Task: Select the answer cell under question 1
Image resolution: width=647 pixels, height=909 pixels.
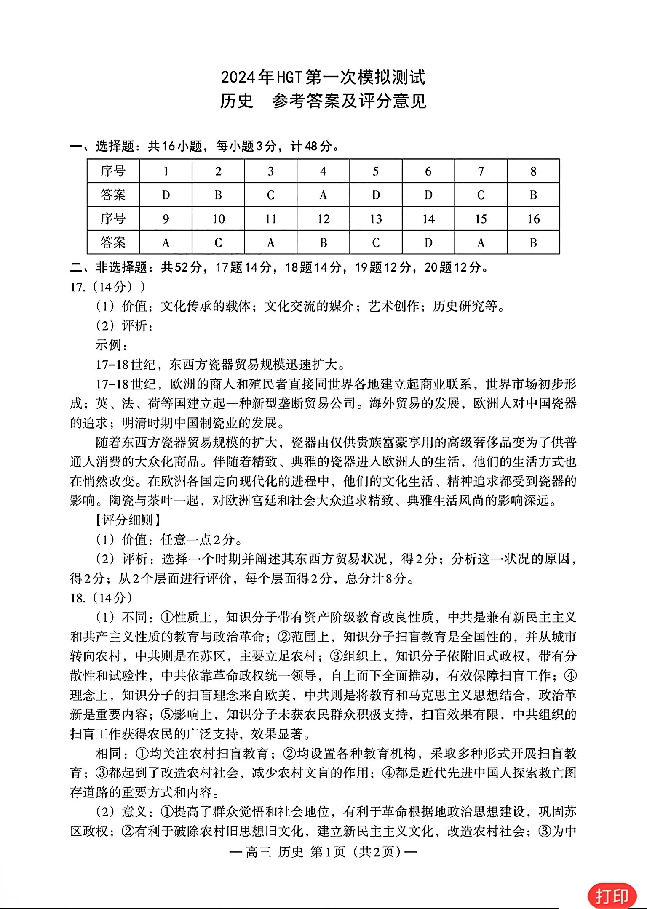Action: (x=166, y=195)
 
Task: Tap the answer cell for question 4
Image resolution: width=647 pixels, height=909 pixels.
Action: (x=323, y=195)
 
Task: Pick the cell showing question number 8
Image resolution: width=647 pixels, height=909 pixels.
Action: (x=533, y=171)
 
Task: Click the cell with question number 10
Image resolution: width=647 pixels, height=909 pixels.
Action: (x=218, y=219)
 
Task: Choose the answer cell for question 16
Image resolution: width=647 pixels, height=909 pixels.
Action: (x=533, y=243)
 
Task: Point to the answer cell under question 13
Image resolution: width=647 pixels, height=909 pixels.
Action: (x=376, y=243)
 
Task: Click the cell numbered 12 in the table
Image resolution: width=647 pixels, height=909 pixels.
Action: (x=323, y=219)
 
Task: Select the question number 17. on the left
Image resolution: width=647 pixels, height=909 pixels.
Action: (x=78, y=287)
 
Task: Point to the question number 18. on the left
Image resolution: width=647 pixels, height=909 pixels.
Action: (x=78, y=598)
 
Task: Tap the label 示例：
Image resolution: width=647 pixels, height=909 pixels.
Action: (x=111, y=345)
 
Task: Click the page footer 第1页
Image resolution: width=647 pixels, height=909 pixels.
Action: (x=328, y=852)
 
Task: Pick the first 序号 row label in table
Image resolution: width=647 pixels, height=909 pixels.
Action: (x=113, y=171)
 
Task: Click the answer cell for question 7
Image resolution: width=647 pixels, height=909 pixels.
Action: (x=481, y=195)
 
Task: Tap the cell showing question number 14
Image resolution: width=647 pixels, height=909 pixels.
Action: (x=428, y=219)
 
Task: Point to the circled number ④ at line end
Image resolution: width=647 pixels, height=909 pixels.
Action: (x=570, y=676)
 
